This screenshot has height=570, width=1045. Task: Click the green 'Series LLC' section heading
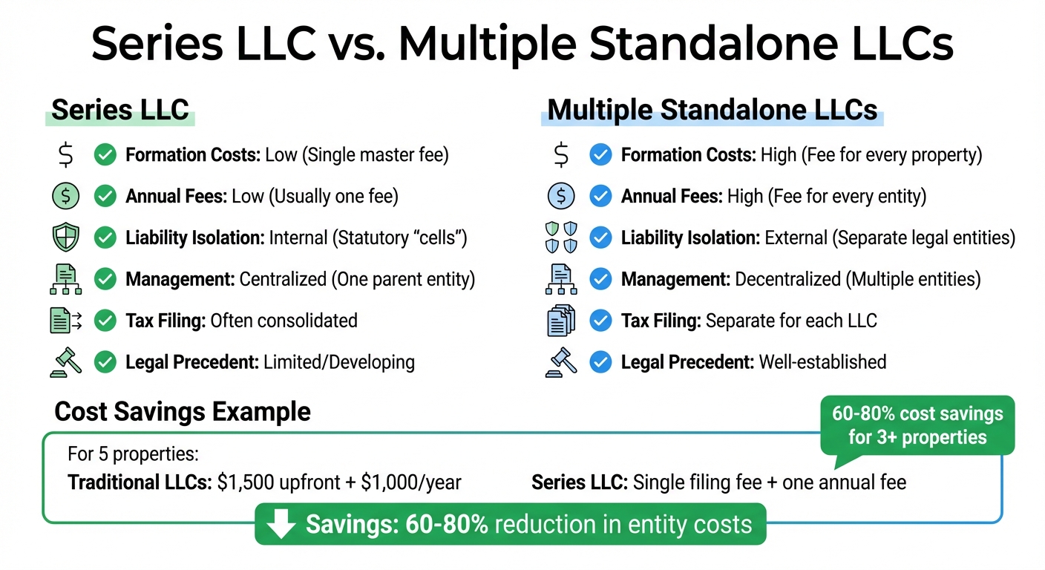point(120,110)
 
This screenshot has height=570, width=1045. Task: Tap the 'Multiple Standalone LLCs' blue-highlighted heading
point(712,110)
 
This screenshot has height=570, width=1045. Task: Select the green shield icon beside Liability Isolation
point(65,238)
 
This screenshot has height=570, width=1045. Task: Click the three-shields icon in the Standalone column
point(561,238)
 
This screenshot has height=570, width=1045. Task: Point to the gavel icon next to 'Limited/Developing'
point(65,362)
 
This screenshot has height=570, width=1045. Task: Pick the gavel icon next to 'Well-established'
point(561,362)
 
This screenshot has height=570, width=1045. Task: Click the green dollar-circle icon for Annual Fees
point(65,196)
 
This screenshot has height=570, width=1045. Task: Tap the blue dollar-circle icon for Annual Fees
point(561,196)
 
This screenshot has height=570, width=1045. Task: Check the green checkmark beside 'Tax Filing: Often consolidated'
point(105,321)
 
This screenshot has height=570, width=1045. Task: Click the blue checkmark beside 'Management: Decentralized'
point(600,279)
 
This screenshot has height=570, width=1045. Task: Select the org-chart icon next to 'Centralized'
point(65,279)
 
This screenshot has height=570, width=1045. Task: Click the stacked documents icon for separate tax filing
point(561,321)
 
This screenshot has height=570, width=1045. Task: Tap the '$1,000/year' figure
point(411,482)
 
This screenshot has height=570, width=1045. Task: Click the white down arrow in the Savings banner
point(281,524)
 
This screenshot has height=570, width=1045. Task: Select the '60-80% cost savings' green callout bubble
point(917,425)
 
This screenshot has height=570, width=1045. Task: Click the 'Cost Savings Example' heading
point(183,411)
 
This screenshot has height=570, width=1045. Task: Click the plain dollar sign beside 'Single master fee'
point(65,155)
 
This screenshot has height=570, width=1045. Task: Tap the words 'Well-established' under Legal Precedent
point(822,362)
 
